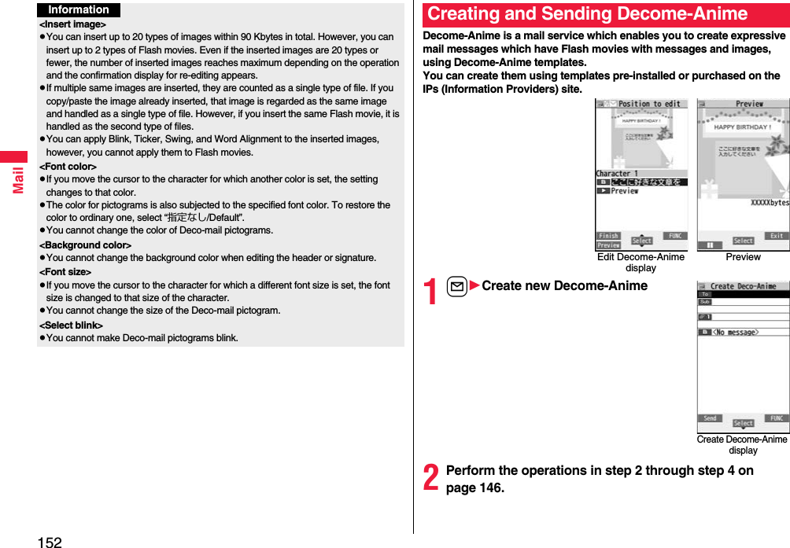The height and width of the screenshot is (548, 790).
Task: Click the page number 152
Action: pyautogui.click(x=49, y=541)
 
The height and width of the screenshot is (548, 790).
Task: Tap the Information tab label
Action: pyautogui.click(x=78, y=10)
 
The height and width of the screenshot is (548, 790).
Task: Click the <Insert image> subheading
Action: pyautogui.click(x=72, y=24)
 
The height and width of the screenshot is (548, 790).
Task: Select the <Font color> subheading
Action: pyautogui.click(x=68, y=167)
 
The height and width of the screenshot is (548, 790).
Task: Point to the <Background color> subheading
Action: pyautogui.click(x=85, y=245)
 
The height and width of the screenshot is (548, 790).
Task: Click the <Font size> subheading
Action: pyautogui.click(x=65, y=272)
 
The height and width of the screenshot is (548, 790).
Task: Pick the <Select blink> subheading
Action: pyautogui.click(x=71, y=325)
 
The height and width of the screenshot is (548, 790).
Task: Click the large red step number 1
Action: pyautogui.click(x=430, y=292)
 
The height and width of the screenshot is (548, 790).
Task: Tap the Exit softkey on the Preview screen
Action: pyautogui.click(x=776, y=236)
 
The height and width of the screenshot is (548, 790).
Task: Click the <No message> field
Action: pyautogui.click(x=736, y=333)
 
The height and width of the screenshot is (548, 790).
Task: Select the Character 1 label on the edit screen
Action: pyautogui.click(x=618, y=174)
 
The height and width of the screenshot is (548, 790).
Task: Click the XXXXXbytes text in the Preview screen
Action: pyautogui.click(x=769, y=203)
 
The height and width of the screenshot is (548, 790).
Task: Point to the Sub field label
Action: pyautogui.click(x=705, y=302)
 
